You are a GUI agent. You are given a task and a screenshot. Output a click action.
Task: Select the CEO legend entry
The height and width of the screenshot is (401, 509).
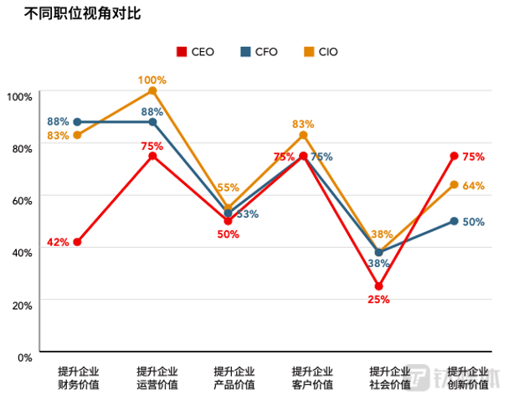click(196, 52)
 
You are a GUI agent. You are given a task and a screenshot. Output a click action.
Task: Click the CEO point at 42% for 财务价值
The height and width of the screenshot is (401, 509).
click(77, 242)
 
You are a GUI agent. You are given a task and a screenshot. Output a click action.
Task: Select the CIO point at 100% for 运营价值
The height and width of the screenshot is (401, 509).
click(152, 90)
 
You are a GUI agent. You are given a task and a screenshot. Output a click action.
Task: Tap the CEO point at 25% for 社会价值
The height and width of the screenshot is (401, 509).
click(378, 286)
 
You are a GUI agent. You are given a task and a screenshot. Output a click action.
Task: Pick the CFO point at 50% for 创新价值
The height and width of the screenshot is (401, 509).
click(454, 221)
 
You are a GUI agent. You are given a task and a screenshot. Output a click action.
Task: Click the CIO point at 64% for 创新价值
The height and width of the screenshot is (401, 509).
click(454, 184)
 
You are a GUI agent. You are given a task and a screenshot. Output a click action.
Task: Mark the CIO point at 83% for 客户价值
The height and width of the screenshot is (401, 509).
click(303, 135)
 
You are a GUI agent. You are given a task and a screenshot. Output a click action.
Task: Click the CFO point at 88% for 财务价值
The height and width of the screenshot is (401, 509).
click(77, 121)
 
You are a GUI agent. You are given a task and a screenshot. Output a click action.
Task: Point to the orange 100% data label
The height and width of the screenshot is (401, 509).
click(152, 80)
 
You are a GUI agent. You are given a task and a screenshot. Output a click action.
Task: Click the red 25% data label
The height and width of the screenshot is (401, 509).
click(378, 300)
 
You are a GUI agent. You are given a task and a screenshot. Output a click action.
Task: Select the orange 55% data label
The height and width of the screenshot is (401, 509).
click(228, 188)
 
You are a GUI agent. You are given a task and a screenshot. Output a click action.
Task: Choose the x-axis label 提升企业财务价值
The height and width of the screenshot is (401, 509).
click(78, 378)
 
